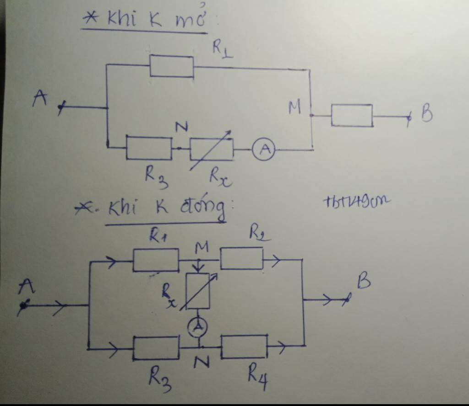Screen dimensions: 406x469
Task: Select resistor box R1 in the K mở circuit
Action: pyautogui.click(x=172, y=66)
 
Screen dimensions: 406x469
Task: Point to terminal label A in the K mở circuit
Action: pyautogui.click(x=40, y=98)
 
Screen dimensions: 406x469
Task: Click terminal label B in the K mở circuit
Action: pyautogui.click(x=426, y=114)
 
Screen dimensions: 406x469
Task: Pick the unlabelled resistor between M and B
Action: pyautogui.click(x=352, y=115)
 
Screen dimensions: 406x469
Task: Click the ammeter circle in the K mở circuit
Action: pyautogui.click(x=263, y=150)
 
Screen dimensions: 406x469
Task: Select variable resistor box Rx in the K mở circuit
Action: pyautogui.click(x=211, y=149)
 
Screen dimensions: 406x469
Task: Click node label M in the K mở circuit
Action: pyautogui.click(x=295, y=108)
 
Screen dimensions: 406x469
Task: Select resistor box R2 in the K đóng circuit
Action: pyautogui.click(x=242, y=258)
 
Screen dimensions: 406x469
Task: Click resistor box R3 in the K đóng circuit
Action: pyautogui.click(x=156, y=347)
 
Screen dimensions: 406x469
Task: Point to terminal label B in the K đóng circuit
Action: pyautogui.click(x=363, y=282)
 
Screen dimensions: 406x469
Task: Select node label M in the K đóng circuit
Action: pyautogui.click(x=201, y=247)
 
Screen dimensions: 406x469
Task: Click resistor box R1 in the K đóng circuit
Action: pyautogui.click(x=156, y=260)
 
